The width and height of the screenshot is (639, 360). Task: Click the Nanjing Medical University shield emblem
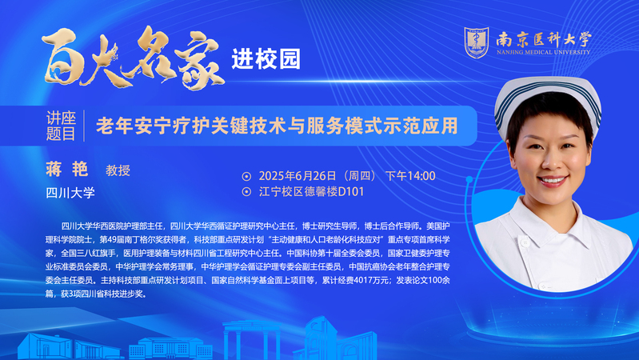[477, 42]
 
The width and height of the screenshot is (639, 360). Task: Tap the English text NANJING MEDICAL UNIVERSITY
[544, 52]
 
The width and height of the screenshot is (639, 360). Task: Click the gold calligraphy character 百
[62, 57]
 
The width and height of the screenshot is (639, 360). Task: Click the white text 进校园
[266, 59]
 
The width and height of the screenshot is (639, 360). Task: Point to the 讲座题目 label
[61, 126]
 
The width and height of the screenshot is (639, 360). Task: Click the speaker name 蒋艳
[67, 169]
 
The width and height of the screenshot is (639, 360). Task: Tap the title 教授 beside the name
[118, 170]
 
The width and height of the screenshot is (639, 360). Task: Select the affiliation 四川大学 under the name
[70, 193]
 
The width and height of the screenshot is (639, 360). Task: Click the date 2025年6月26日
[298, 176]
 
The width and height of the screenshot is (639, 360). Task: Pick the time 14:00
[421, 176]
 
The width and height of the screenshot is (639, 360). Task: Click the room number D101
[351, 192]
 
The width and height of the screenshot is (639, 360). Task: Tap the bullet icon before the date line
[246, 177]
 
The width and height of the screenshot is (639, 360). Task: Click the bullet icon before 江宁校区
[246, 192]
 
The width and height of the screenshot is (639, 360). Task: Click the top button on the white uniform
[525, 242]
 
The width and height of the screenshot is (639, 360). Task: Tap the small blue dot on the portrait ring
[469, 179]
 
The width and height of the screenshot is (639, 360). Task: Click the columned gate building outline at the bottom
[253, 341]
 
